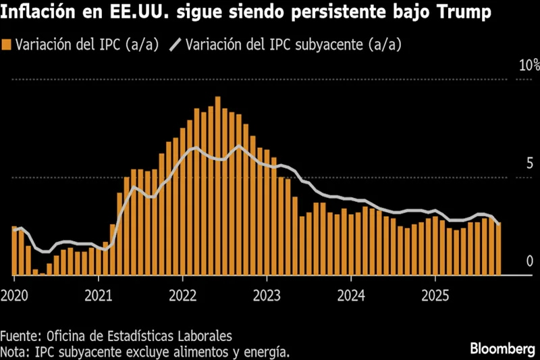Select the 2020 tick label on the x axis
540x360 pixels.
click(14, 296)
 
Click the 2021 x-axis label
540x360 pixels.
click(99, 296)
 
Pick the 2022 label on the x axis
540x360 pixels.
click(183, 296)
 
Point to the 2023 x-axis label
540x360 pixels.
click(267, 296)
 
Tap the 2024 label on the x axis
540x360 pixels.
click(351, 296)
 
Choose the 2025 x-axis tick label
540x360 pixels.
click(435, 296)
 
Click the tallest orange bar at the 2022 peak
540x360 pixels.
click(218, 186)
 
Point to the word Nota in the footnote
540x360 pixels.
click(15, 351)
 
